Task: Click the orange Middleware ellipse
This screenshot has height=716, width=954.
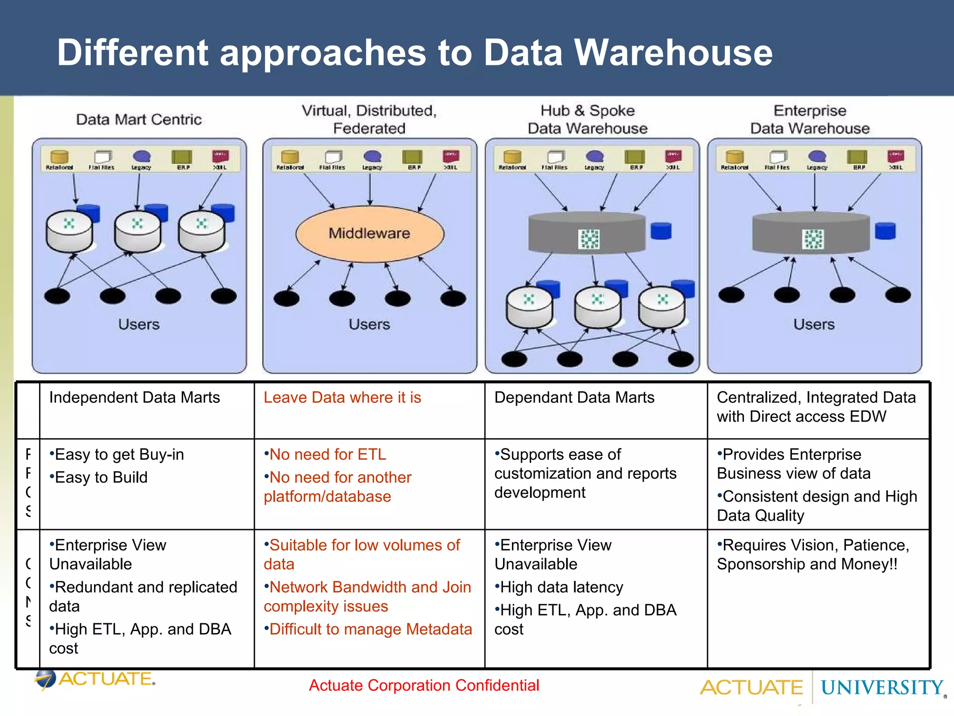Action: click(x=369, y=234)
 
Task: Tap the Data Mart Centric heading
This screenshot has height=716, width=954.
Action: click(x=139, y=119)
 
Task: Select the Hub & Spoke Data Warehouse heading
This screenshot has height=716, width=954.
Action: click(x=587, y=119)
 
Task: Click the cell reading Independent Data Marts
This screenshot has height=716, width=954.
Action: click(x=134, y=398)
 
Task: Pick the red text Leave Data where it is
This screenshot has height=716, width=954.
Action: click(x=342, y=398)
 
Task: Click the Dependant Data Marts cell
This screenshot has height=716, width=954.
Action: click(x=574, y=398)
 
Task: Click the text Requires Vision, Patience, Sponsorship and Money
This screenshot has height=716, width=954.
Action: click(x=812, y=555)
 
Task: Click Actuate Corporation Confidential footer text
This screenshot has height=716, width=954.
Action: click(x=424, y=685)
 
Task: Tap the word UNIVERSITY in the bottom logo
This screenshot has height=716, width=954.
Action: click(x=881, y=688)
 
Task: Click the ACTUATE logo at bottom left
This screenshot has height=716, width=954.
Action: click(x=95, y=679)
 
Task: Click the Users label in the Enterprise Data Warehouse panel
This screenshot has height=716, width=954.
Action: click(x=814, y=324)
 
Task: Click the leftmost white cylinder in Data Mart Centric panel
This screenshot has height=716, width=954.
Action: click(x=69, y=231)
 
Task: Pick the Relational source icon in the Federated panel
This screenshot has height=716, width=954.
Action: click(x=290, y=158)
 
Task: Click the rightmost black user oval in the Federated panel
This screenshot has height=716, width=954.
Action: click(x=453, y=298)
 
